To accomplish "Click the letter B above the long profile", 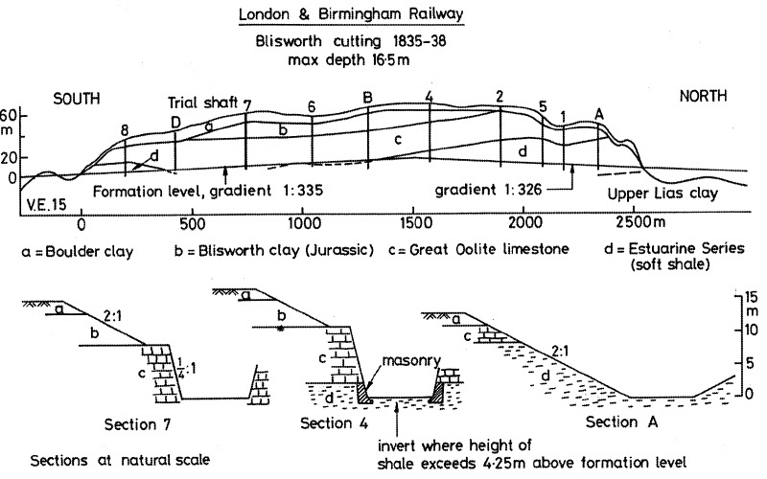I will (367, 96).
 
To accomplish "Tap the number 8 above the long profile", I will (125, 129).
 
